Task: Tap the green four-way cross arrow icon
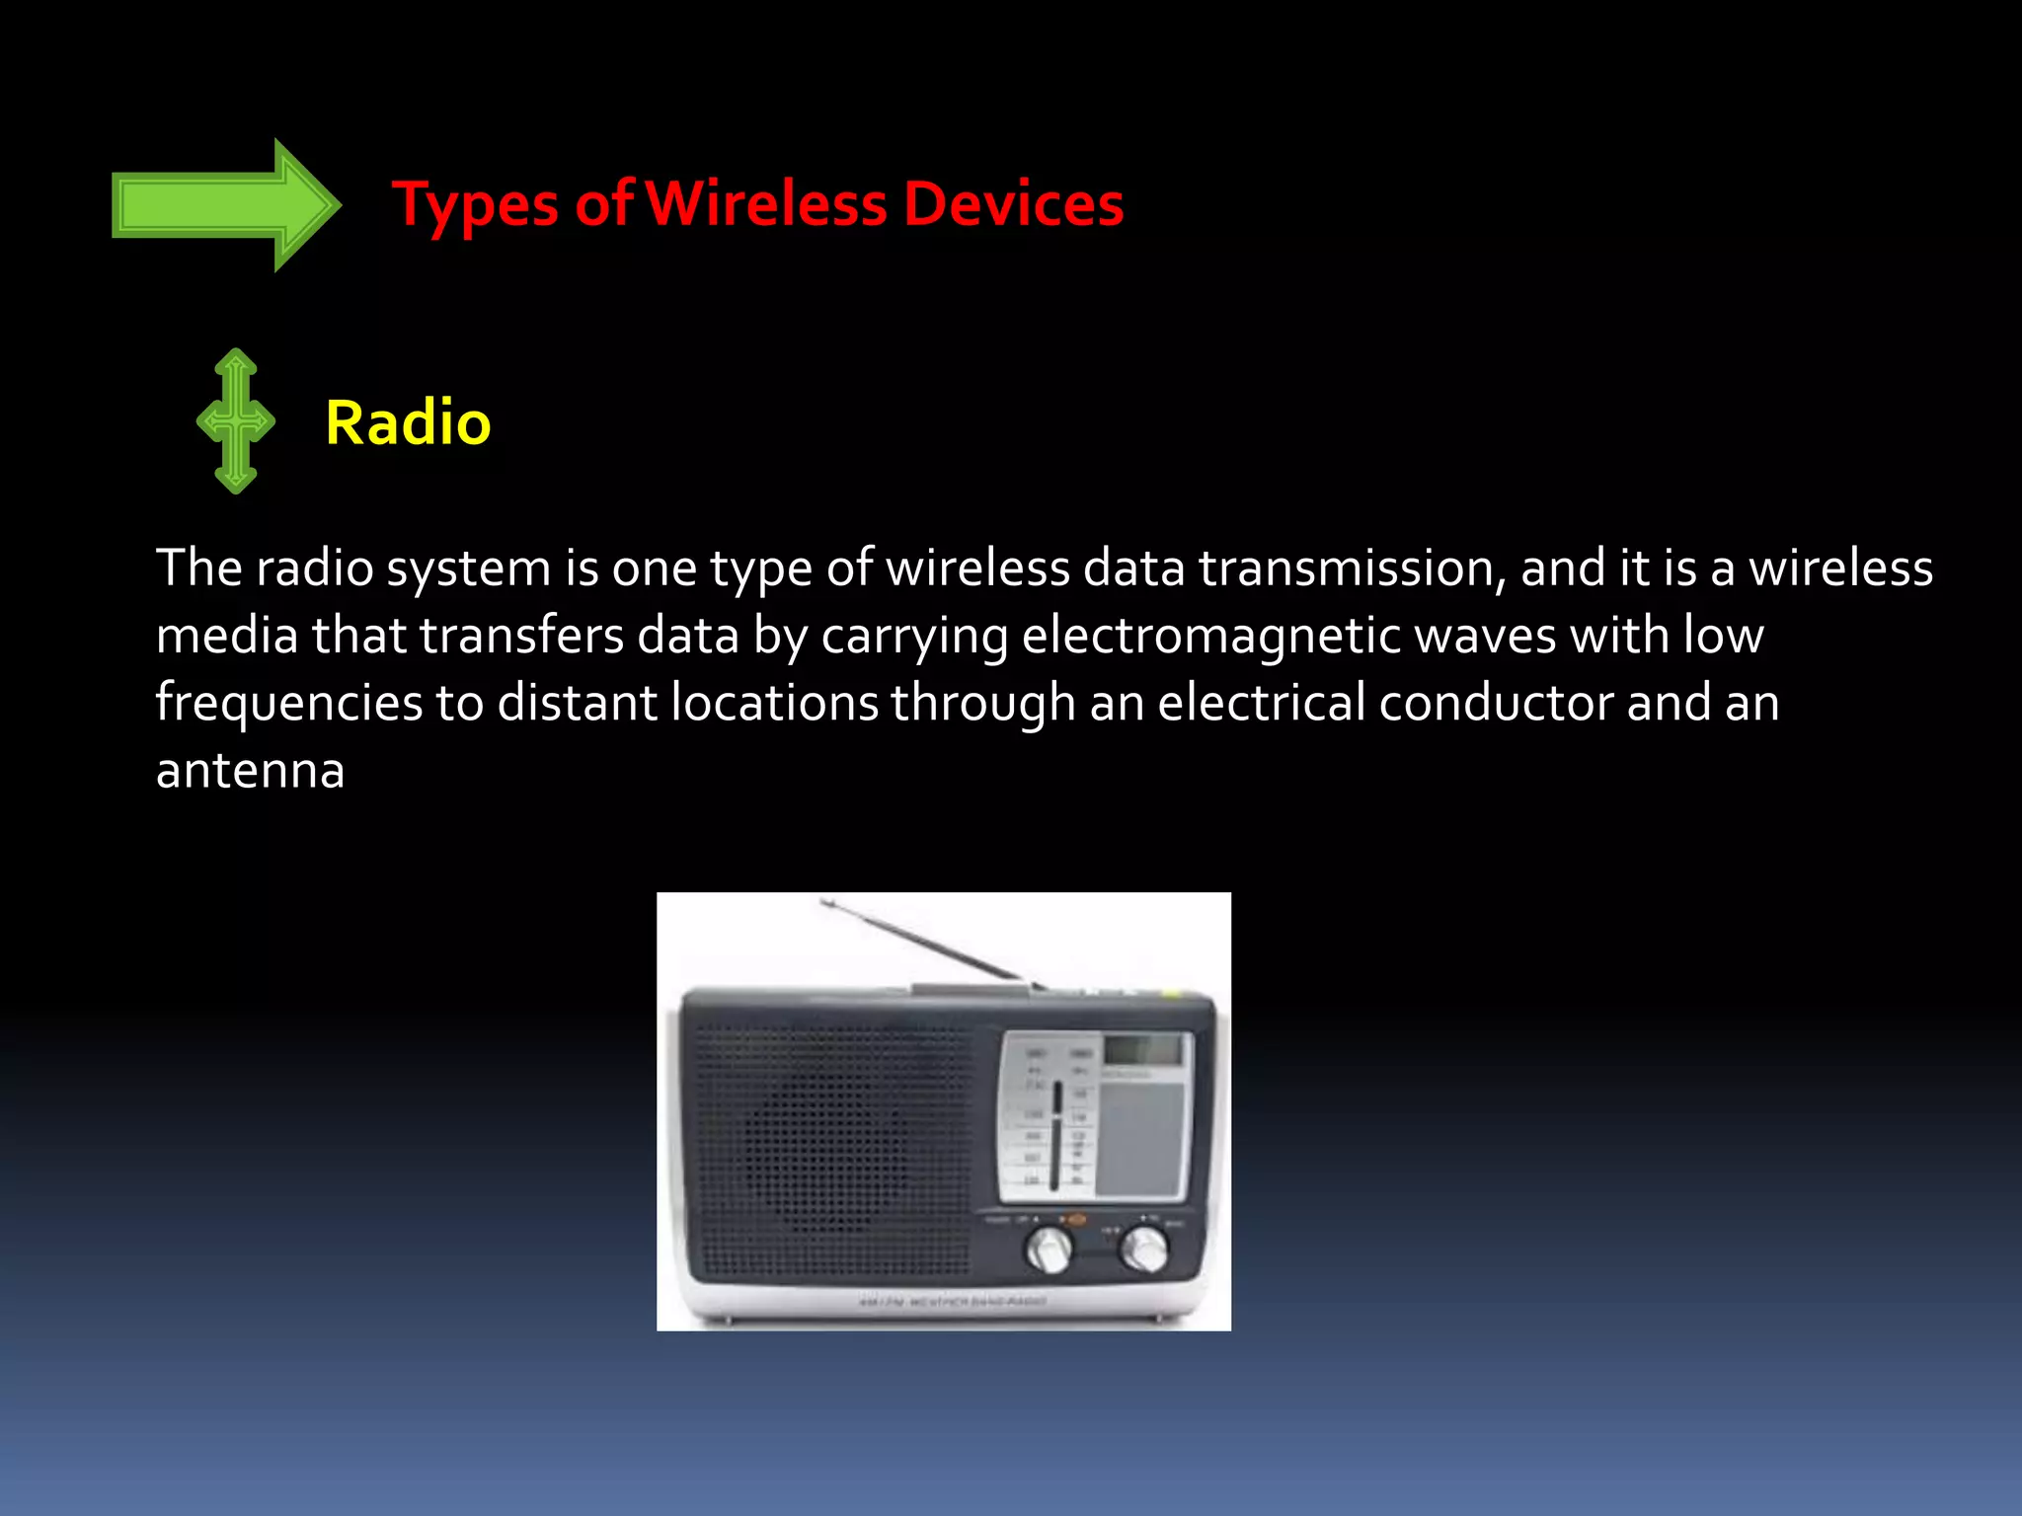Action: click(235, 421)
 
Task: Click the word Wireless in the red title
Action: click(766, 204)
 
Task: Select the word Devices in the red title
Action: click(1013, 204)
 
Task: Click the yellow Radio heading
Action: click(408, 422)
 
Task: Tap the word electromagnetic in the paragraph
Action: click(1211, 636)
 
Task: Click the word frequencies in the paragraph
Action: click(289, 704)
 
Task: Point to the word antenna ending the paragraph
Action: click(251, 771)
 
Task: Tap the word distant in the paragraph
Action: click(577, 703)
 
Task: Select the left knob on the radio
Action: click(1049, 1249)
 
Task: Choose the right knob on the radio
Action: click(1144, 1249)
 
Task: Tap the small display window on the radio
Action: click(1142, 1050)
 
